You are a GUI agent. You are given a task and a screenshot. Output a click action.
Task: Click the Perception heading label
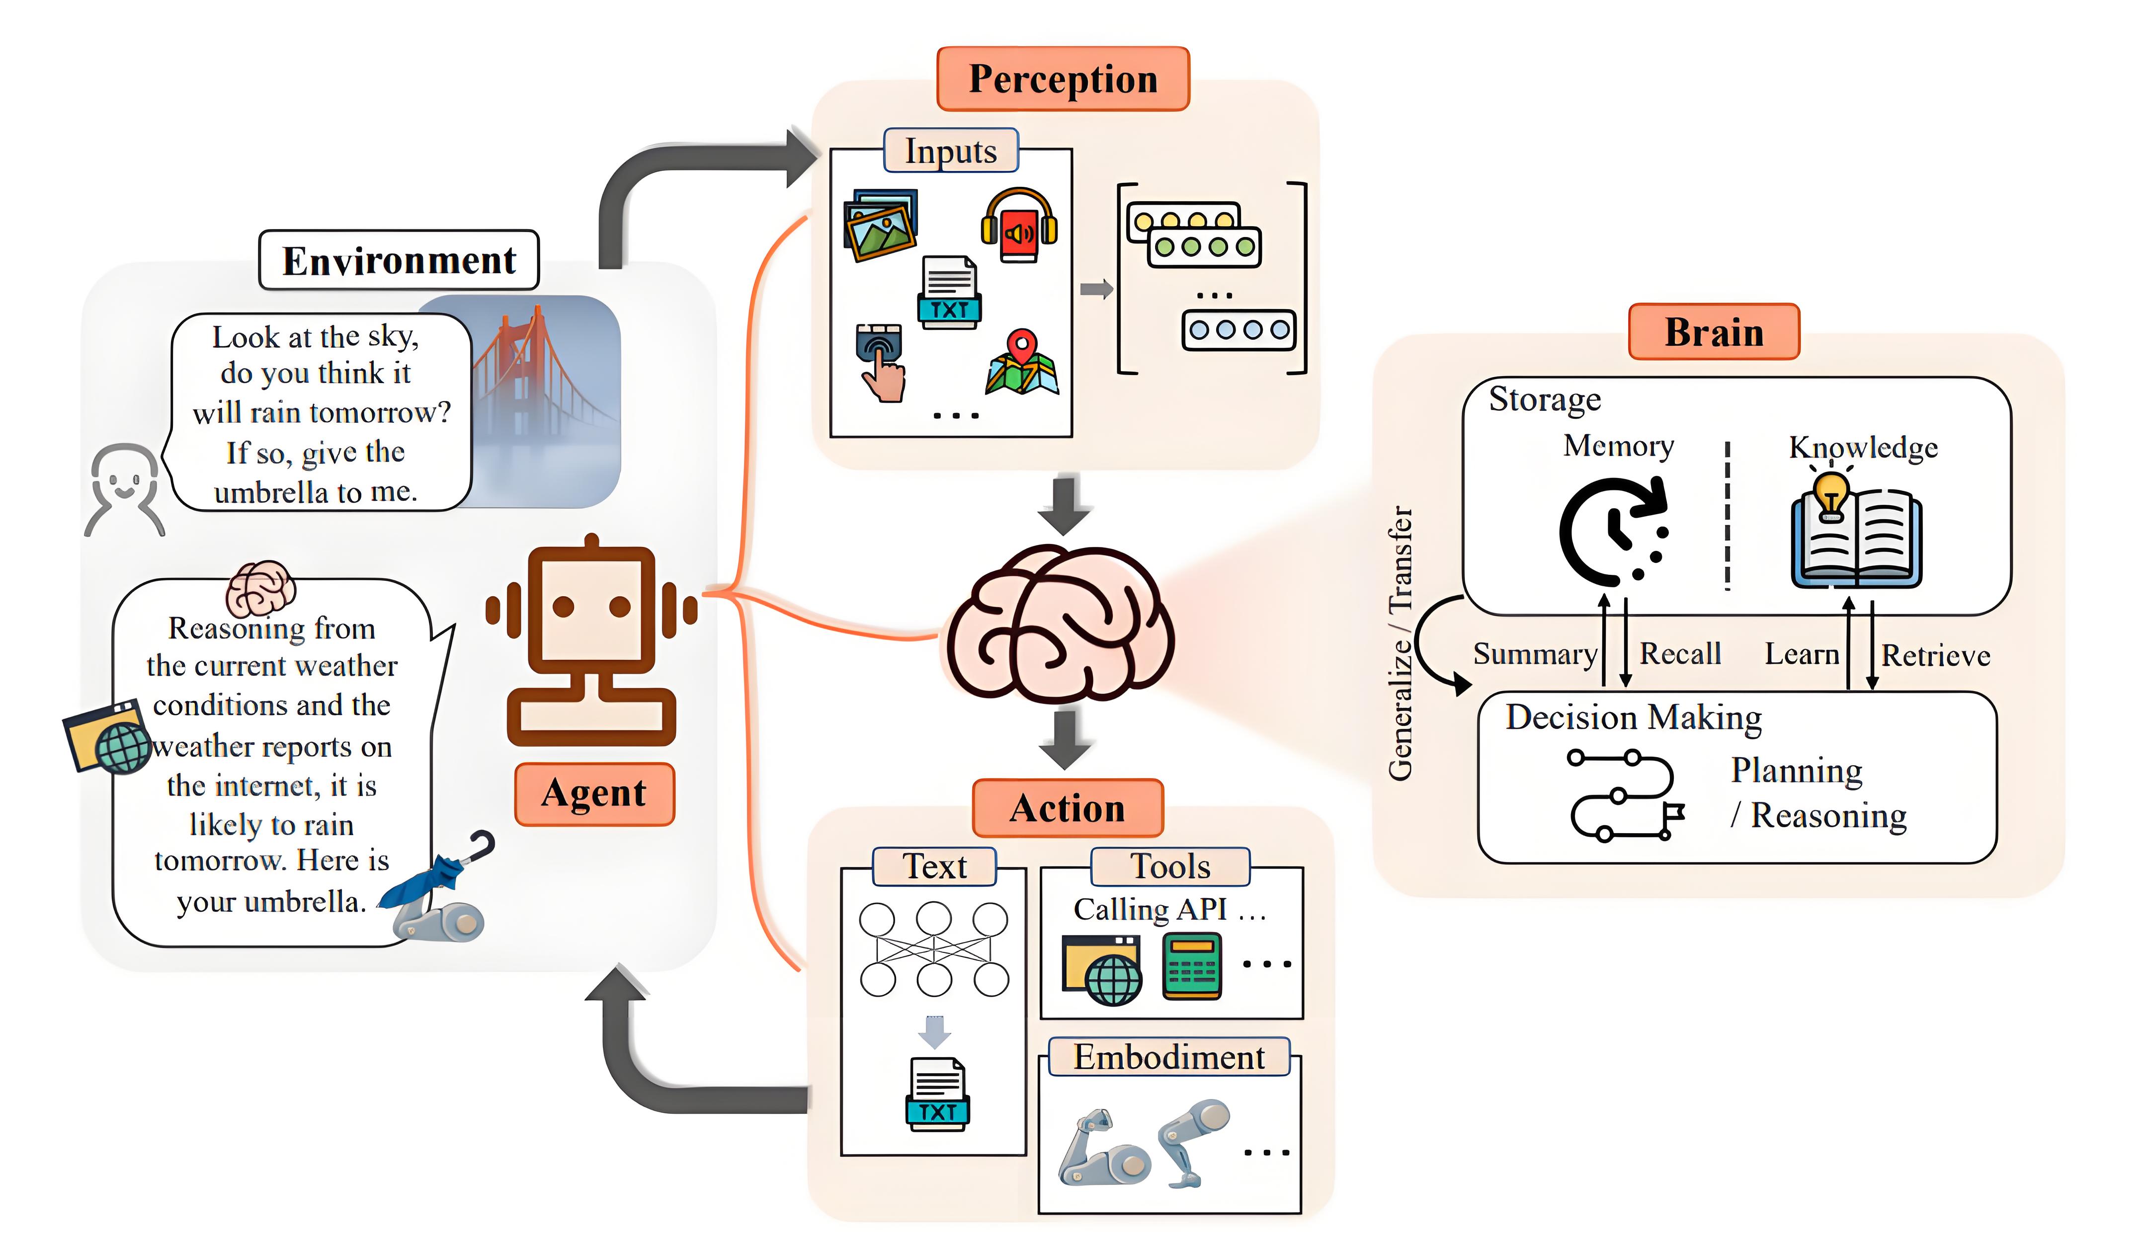click(x=1063, y=79)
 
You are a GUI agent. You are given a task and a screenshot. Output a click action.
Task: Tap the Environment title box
click(x=399, y=260)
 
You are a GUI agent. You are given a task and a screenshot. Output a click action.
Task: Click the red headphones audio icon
click(x=1019, y=226)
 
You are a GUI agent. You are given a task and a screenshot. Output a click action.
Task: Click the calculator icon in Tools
click(x=1192, y=966)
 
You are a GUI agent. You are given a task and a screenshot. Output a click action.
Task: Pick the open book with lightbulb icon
click(x=1856, y=532)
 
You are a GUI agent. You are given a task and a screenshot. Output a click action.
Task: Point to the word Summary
click(x=1534, y=654)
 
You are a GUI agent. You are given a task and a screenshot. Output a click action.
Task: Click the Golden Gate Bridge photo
click(x=545, y=400)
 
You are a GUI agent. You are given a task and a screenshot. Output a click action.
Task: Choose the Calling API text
click(x=1150, y=909)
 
